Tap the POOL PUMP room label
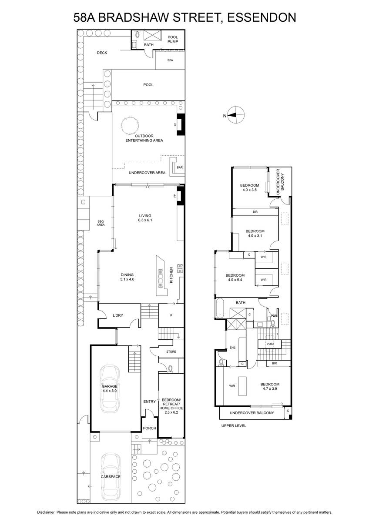(x=173, y=40)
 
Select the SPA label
(x=170, y=60)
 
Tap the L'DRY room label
(x=117, y=315)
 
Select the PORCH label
(x=149, y=428)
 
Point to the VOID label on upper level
(x=270, y=344)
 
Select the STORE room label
(x=171, y=351)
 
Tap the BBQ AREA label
(x=101, y=223)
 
